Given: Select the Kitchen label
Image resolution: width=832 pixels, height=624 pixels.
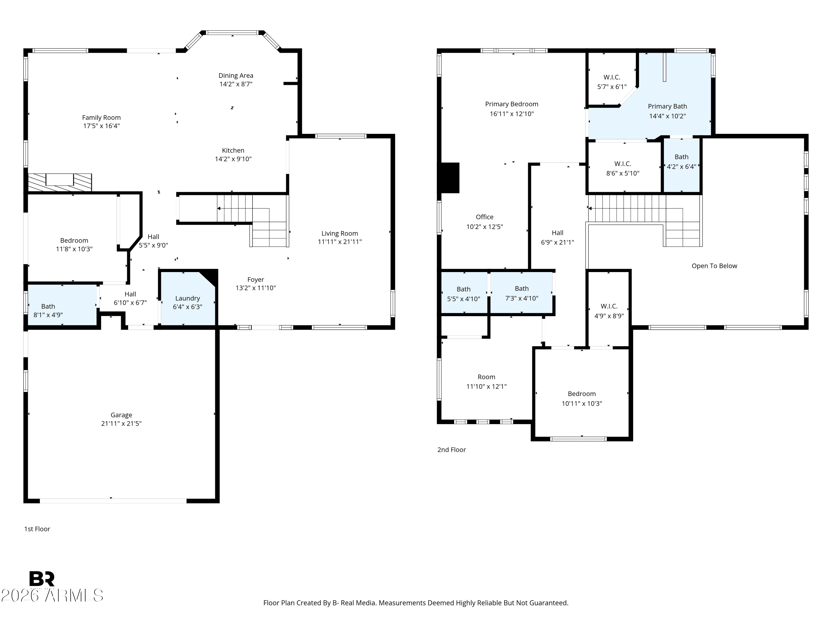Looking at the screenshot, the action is pos(233,150).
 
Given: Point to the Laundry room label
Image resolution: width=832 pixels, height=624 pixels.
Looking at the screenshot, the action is pos(187,298).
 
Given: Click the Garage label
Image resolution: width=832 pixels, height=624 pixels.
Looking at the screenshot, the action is pos(121,415).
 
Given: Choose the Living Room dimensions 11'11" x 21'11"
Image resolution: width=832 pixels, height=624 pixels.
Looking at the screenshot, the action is pos(340,242).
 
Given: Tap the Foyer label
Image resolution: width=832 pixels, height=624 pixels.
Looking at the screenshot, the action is pos(256,280).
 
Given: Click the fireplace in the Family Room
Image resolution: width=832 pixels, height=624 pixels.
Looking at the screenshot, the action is pos(60,182).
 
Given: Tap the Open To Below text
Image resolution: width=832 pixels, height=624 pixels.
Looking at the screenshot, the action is pos(714,266).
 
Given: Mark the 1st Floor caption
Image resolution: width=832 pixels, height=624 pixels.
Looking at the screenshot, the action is pos(37,529).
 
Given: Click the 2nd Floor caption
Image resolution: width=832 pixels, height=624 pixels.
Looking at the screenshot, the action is pos(451,450).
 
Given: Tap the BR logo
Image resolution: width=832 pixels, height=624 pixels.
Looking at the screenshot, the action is pos(42,579).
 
